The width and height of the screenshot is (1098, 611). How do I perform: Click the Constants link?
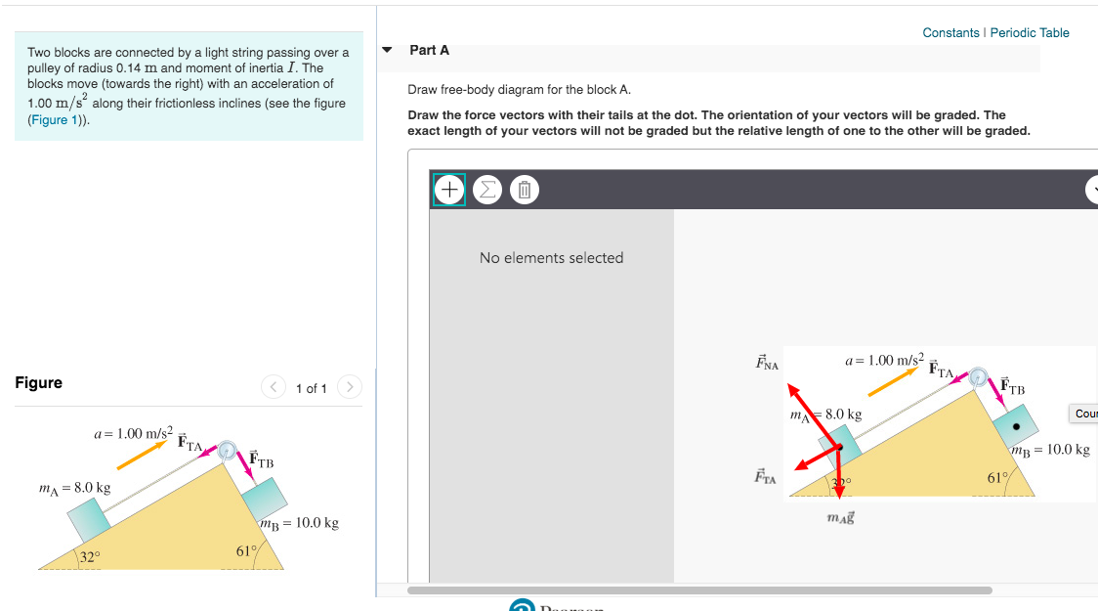click(950, 33)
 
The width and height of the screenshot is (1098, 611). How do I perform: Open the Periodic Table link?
click(1030, 33)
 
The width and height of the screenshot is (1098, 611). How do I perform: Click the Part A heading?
click(430, 50)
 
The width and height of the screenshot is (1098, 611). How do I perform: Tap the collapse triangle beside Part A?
click(389, 50)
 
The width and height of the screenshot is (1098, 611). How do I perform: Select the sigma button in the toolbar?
click(486, 190)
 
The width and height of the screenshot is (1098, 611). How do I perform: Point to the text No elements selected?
click(551, 258)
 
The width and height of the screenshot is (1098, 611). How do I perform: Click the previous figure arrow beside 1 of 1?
click(274, 387)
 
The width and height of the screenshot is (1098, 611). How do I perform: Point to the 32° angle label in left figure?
click(89, 557)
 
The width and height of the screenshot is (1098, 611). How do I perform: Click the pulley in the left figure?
click(228, 451)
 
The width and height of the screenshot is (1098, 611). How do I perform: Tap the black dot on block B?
click(1017, 426)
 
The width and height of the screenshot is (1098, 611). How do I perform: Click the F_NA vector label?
click(767, 364)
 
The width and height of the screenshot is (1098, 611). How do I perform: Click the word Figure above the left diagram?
click(39, 383)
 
